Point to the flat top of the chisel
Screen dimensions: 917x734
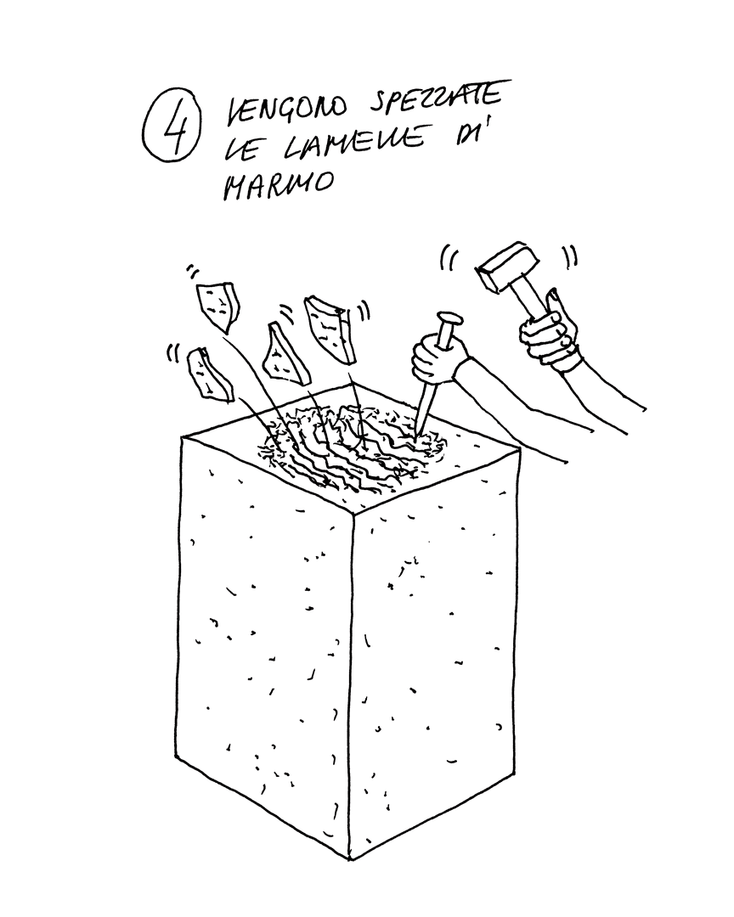coord(449,321)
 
